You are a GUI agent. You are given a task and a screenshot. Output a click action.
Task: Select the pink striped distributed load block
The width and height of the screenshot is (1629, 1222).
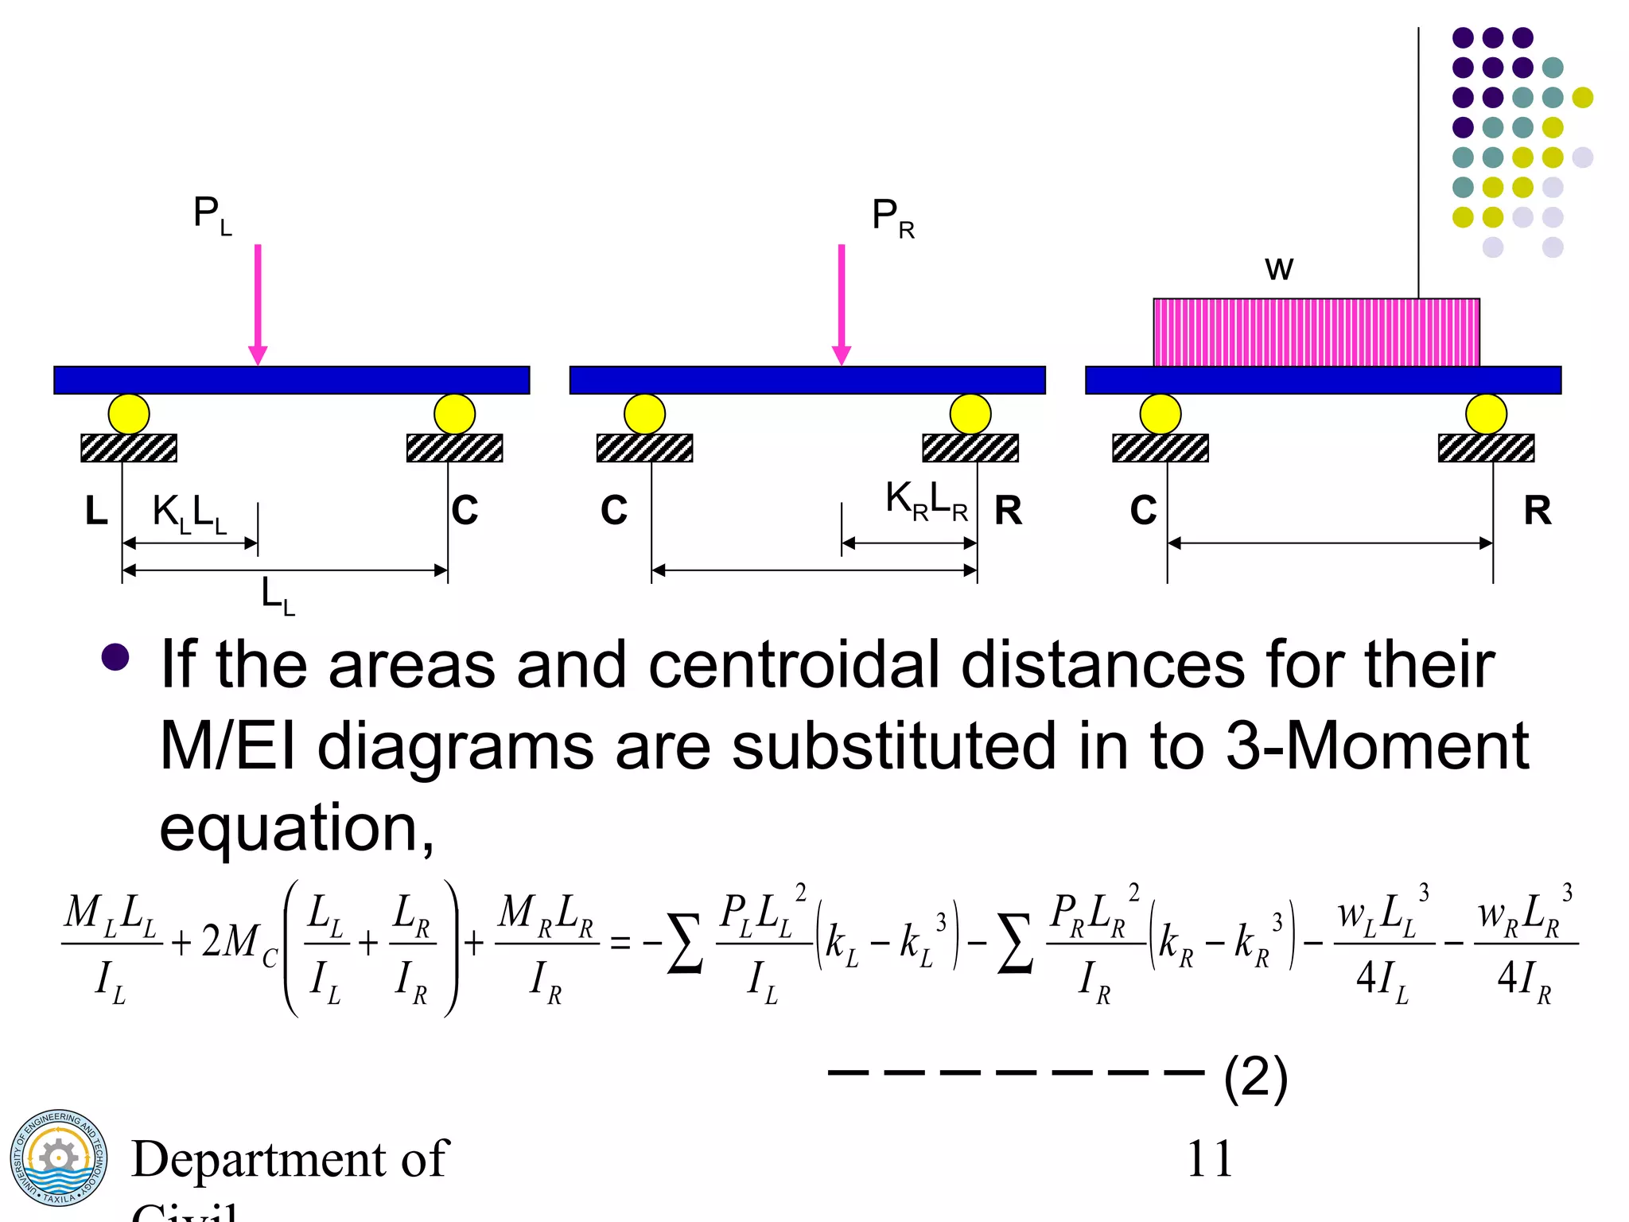click(1316, 333)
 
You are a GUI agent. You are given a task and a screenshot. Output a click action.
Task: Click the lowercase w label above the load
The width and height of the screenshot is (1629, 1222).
click(1279, 269)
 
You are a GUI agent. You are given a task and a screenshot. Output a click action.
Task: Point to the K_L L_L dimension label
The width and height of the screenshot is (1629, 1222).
click(189, 513)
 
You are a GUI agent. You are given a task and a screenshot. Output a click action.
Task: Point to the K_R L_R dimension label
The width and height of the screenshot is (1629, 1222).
click(927, 501)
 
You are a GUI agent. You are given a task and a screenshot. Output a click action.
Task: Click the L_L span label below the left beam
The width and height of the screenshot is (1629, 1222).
click(278, 596)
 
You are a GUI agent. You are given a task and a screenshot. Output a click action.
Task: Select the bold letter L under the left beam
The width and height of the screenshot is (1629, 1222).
click(96, 511)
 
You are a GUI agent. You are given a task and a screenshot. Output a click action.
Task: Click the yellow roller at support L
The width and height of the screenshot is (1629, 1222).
click(129, 414)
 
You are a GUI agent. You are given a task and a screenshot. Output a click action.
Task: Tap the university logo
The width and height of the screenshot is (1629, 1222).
click(58, 1158)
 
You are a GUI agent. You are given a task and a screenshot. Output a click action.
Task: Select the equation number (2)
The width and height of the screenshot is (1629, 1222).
click(1256, 1079)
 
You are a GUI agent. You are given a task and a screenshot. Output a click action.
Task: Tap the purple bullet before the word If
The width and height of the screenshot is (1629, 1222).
click(116, 657)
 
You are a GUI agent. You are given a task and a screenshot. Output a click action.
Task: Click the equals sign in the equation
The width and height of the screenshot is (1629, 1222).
click(620, 944)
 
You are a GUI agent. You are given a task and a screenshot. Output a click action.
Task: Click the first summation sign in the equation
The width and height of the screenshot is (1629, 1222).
click(685, 944)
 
